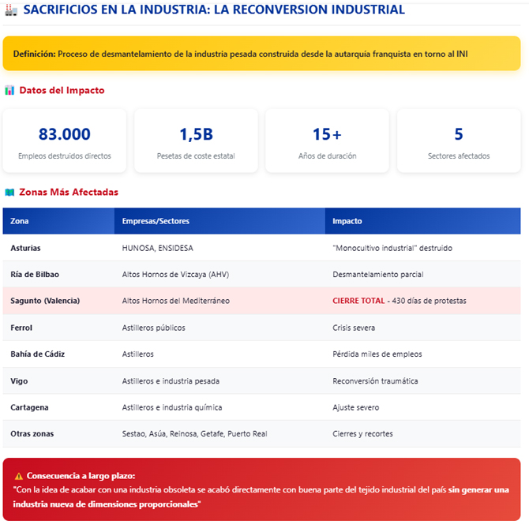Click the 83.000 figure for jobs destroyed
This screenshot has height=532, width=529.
[64, 134]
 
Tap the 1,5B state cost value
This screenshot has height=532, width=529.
[196, 134]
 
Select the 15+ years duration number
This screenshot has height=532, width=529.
[327, 134]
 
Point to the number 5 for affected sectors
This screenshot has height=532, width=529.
[459, 134]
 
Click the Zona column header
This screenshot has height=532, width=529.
[20, 222]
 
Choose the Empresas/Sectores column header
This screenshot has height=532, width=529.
[156, 222]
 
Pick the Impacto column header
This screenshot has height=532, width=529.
[347, 222]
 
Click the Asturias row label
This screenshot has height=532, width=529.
[25, 248]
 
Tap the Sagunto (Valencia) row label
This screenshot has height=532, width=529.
[45, 301]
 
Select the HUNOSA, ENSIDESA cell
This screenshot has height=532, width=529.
[158, 248]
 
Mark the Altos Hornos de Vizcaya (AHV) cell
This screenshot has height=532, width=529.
[175, 275]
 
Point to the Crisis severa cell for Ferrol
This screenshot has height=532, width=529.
[354, 328]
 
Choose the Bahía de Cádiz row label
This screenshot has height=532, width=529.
[37, 354]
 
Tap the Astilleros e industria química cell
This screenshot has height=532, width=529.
[172, 407]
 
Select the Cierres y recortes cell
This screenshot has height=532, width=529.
[362, 434]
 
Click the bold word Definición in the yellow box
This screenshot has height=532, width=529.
[36, 54]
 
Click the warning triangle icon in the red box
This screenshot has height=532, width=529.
[19, 477]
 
